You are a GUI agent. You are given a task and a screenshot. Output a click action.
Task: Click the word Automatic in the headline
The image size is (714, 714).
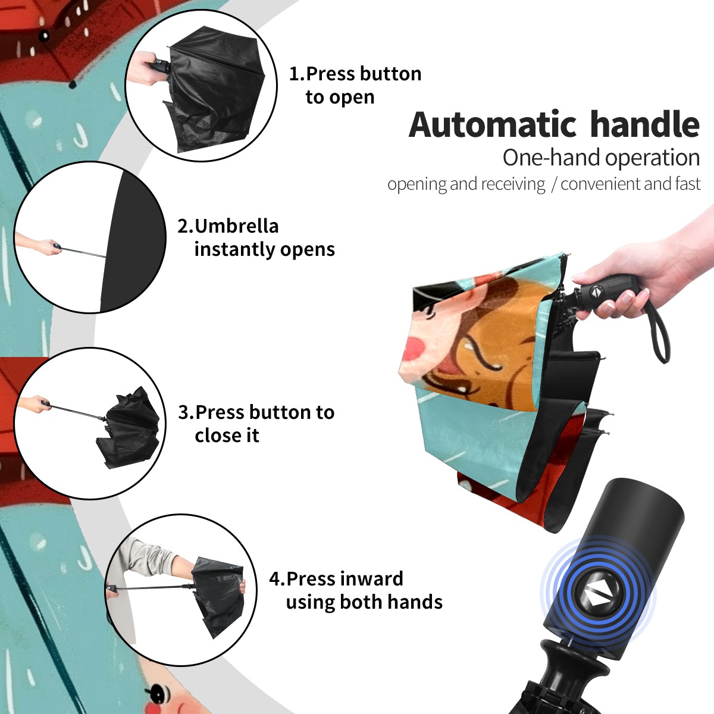tap(493, 124)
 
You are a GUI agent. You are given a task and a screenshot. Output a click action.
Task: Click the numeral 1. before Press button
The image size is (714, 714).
tap(296, 74)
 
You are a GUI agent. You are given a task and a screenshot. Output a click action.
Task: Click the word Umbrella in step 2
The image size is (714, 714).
tap(237, 226)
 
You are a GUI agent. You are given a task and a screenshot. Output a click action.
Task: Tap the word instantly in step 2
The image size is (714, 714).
tap(235, 249)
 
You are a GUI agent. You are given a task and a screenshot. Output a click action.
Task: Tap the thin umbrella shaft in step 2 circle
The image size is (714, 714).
tap(83, 252)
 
